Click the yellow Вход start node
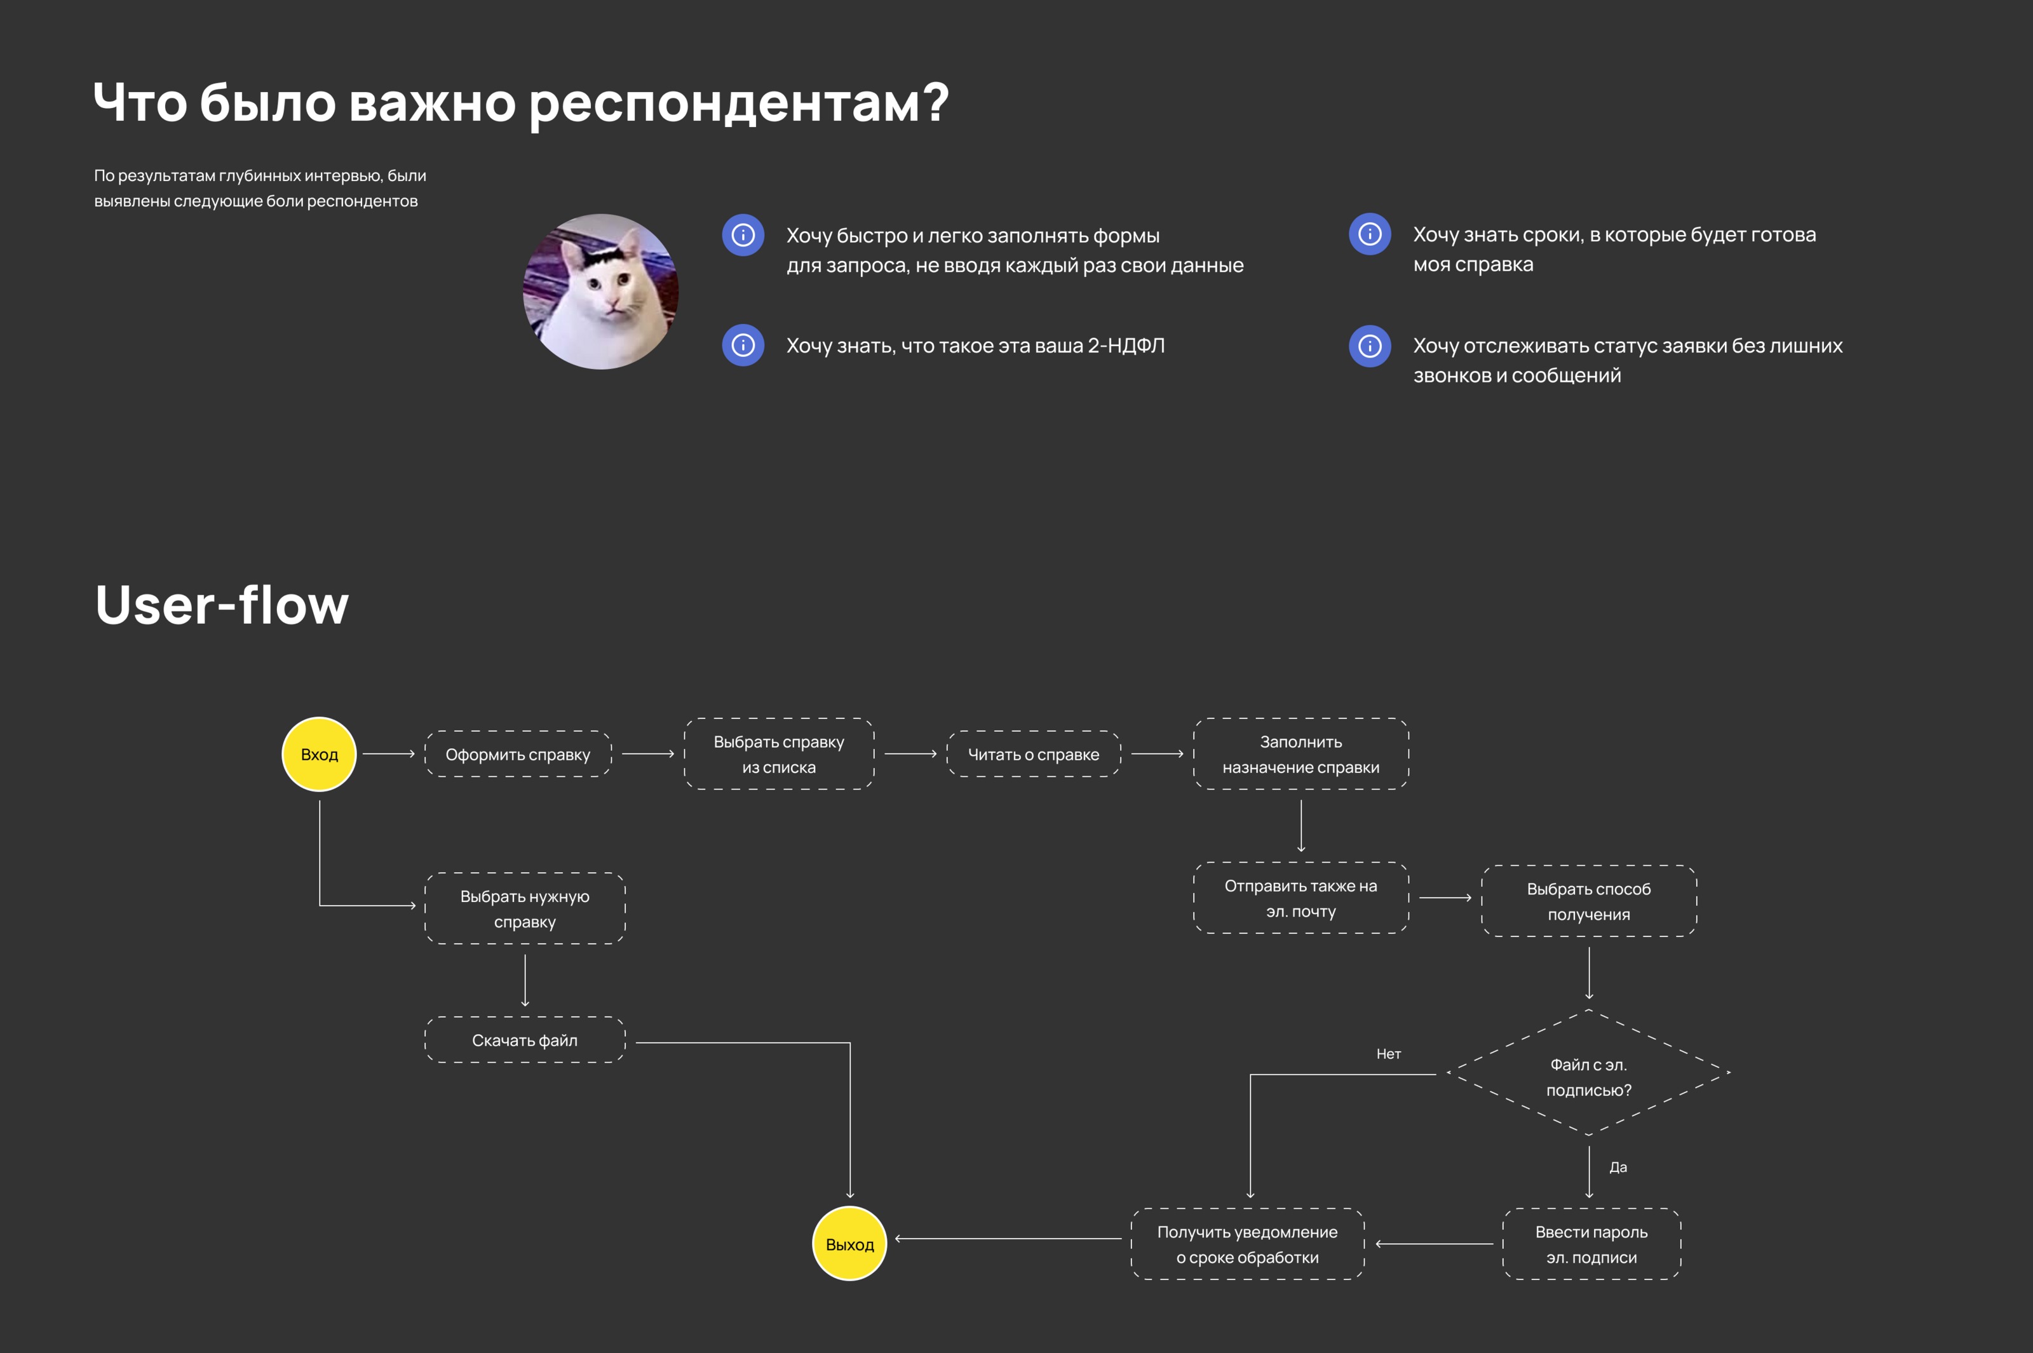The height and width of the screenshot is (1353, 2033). pyautogui.click(x=320, y=754)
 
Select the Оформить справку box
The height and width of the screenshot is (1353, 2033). pyautogui.click(x=518, y=754)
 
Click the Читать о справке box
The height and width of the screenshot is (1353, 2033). pyautogui.click(x=1033, y=754)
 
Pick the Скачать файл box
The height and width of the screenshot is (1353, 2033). pyautogui.click(x=525, y=1040)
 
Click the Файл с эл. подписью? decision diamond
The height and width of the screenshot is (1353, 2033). pyautogui.click(x=1589, y=1074)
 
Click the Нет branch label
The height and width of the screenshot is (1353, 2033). pyautogui.click(x=1388, y=1054)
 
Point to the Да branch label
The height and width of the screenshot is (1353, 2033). pyautogui.click(x=1618, y=1167)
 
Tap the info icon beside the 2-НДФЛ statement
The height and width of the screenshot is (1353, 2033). pyautogui.click(x=743, y=345)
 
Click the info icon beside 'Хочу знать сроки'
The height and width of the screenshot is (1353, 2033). pyautogui.click(x=1370, y=234)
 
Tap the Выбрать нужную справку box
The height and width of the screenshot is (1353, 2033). pyautogui.click(x=525, y=908)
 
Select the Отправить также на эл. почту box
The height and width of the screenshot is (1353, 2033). pyautogui.click(x=1300, y=898)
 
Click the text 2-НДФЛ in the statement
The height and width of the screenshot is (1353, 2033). pyautogui.click(x=1125, y=345)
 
